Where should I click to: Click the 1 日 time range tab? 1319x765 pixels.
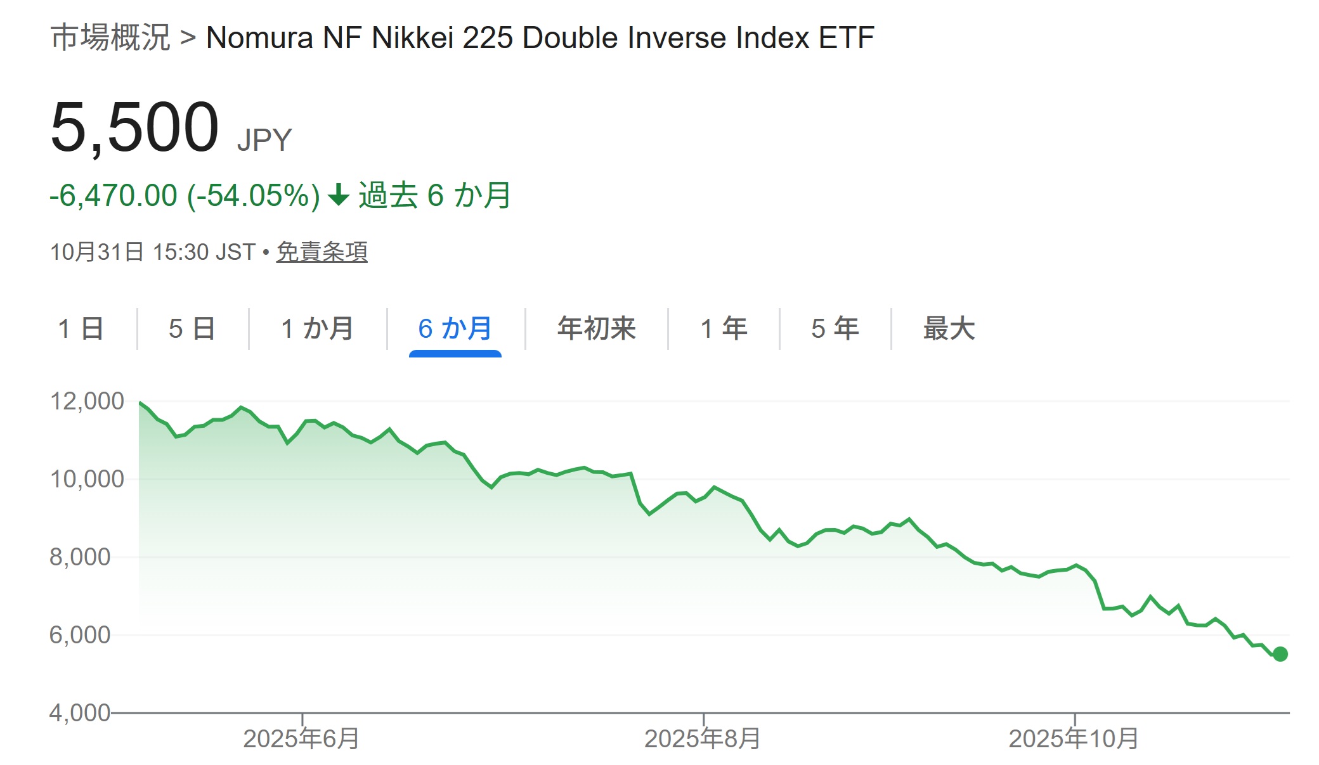pos(81,329)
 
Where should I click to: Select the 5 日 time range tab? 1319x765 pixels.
pos(192,329)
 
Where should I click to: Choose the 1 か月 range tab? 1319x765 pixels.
pos(317,329)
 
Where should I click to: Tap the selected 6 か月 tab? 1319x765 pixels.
pos(455,329)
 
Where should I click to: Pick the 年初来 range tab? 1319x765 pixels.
pos(596,329)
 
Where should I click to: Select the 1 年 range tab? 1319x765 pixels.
pos(724,329)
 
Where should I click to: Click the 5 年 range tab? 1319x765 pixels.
pos(835,329)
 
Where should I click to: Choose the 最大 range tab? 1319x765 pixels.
pos(949,329)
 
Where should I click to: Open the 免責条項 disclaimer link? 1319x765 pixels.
pos(322,252)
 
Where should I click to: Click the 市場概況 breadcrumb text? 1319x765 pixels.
pos(110,37)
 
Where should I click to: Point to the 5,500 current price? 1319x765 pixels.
pos(134,128)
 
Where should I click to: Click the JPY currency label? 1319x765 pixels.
pos(264,140)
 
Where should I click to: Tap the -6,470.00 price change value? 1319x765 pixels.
pos(114,196)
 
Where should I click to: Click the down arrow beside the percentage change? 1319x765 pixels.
pos(339,195)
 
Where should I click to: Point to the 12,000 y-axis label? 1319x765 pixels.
pos(87,401)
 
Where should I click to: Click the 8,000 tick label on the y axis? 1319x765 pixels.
pos(80,557)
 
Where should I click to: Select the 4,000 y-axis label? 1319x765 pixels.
pos(80,713)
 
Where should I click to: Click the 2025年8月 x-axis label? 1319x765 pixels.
pos(703,739)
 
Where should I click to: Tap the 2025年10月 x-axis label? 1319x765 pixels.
pos(1074,739)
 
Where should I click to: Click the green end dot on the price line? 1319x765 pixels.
pos(1280,654)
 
